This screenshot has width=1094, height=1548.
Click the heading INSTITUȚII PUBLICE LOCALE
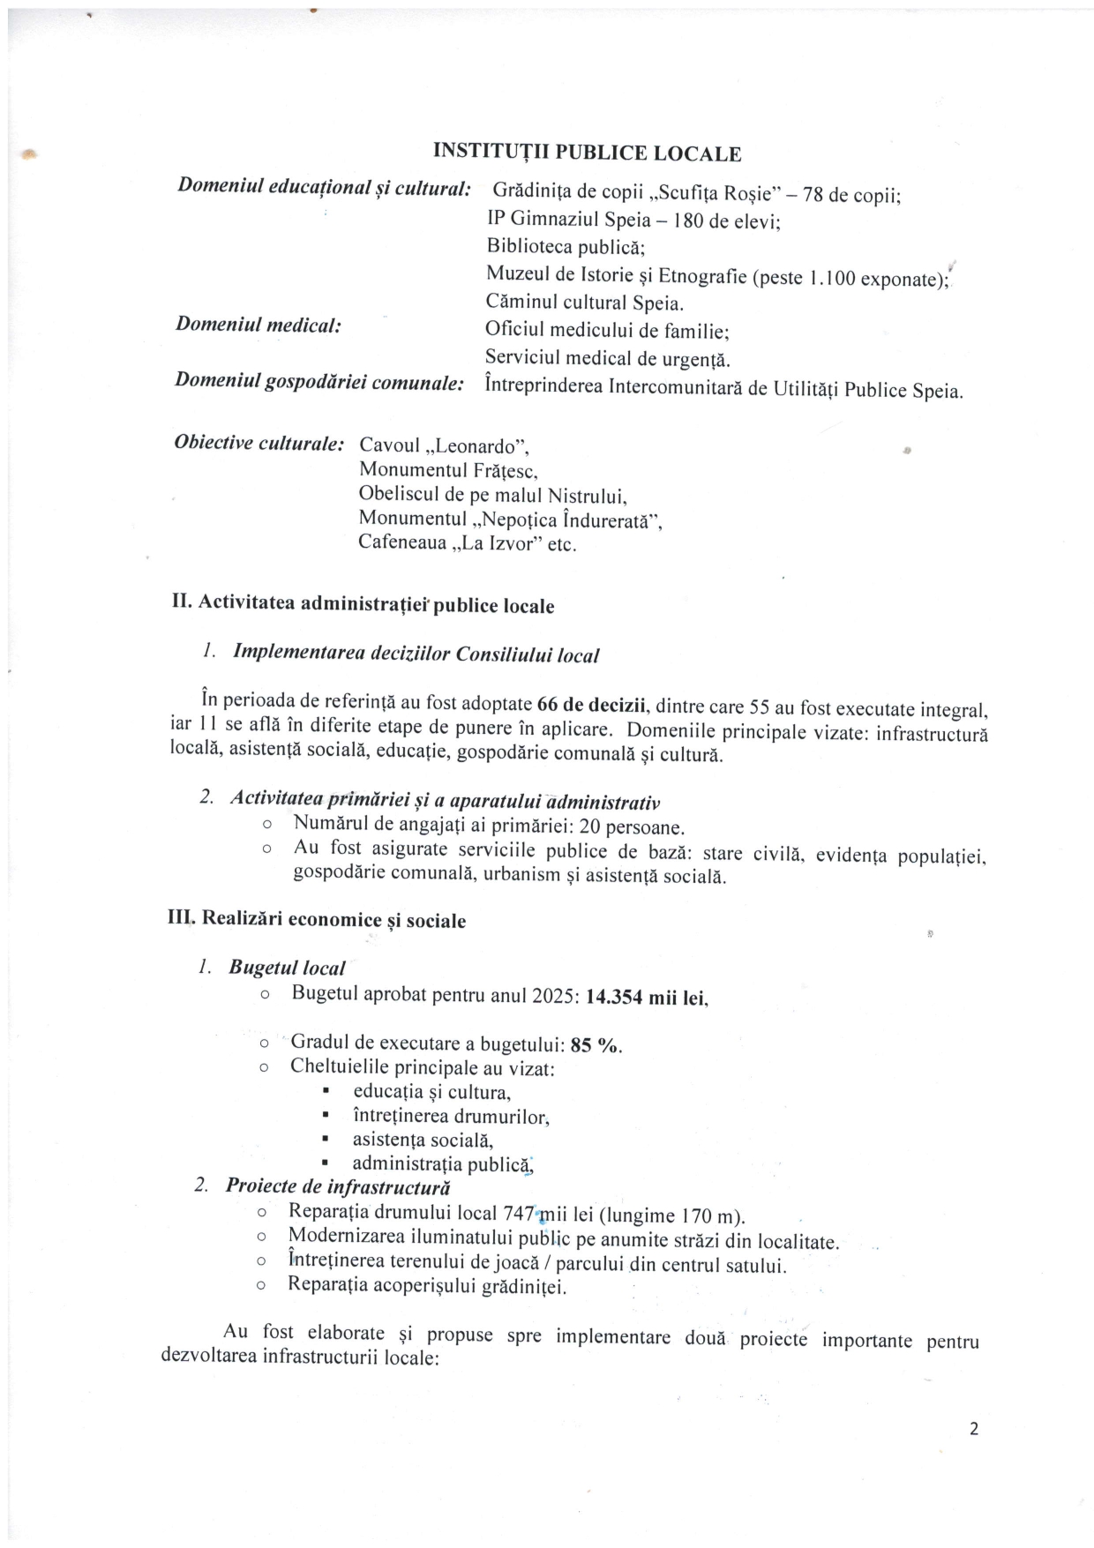[x=587, y=153]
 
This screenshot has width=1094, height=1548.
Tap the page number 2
[x=974, y=1430]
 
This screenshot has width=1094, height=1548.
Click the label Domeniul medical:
[x=259, y=325]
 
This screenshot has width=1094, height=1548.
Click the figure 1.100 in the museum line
[x=831, y=280]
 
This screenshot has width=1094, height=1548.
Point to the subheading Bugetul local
[x=287, y=968]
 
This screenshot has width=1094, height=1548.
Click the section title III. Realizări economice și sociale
[x=317, y=919]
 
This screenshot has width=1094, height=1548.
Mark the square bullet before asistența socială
[x=326, y=1140]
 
